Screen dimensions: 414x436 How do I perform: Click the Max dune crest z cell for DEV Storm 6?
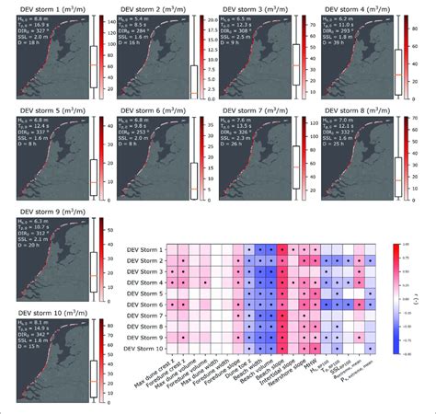184,305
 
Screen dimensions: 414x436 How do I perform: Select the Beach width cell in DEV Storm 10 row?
261,348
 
